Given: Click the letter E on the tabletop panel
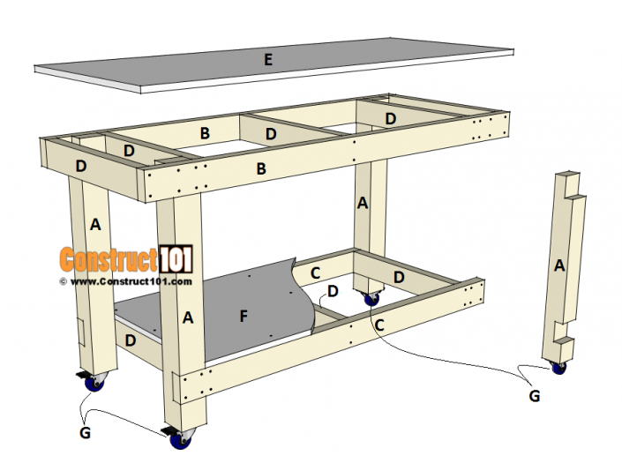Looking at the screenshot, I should tap(268, 60).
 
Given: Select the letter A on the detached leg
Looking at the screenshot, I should tap(558, 264).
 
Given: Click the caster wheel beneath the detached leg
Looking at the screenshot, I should tap(558, 367).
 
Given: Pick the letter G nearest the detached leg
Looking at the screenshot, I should tap(535, 397).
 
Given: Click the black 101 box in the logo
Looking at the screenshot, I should tap(175, 259).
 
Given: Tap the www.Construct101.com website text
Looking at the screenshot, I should tap(130, 281).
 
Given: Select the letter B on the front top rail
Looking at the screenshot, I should tap(261, 168).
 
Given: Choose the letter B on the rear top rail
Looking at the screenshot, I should tap(205, 133).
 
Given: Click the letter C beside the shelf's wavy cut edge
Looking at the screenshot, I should tap(315, 273).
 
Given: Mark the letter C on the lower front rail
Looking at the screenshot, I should tap(378, 324).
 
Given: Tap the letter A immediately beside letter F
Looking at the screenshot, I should tap(188, 318).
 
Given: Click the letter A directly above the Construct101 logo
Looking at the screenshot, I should tap(95, 225).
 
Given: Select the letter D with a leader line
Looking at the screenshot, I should tap(333, 290).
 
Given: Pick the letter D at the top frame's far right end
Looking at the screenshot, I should tap(391, 118).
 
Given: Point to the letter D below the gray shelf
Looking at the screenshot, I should tap(131, 339).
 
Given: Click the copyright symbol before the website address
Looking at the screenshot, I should tap(64, 281).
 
